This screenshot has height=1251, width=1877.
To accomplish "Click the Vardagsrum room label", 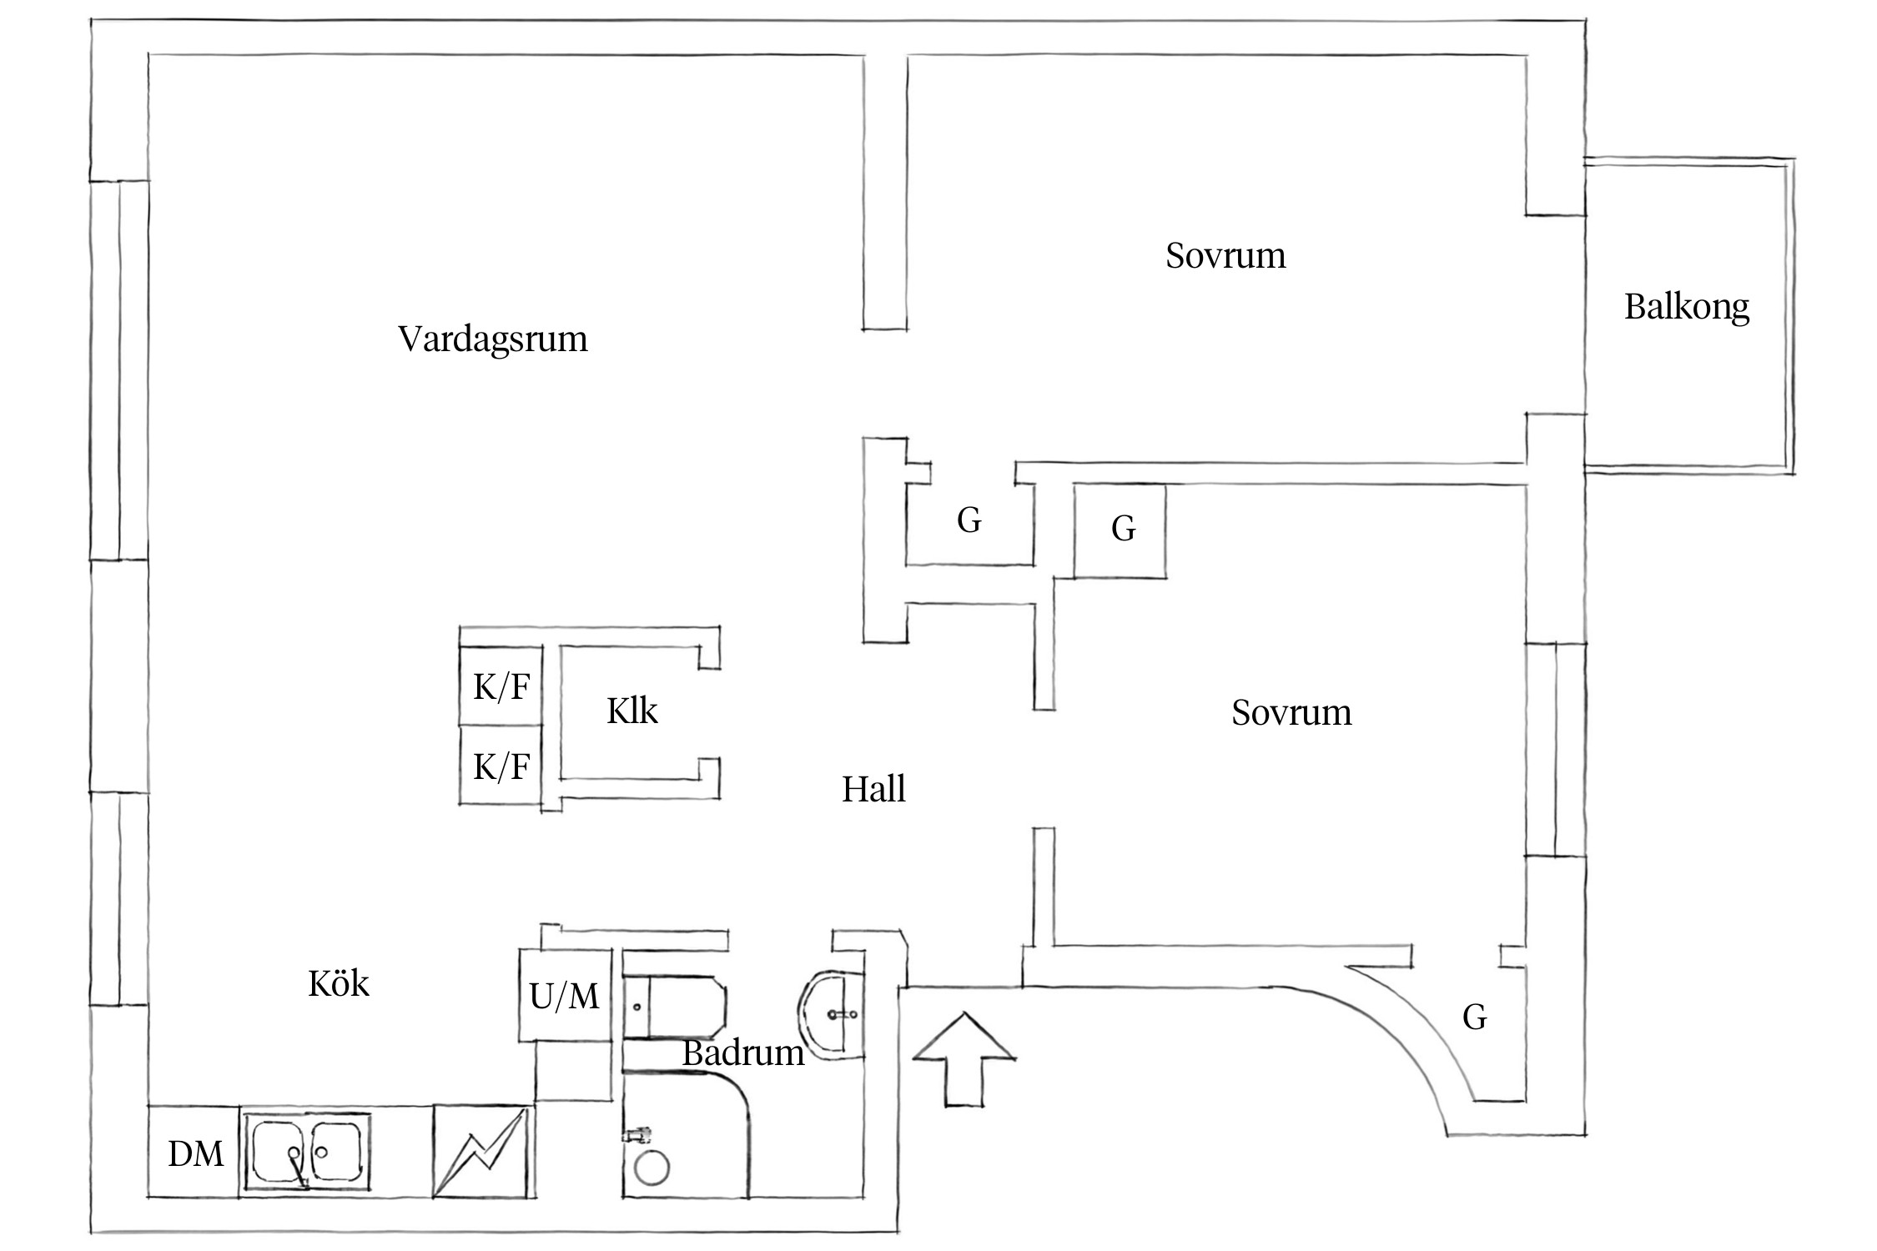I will pyautogui.click(x=492, y=339).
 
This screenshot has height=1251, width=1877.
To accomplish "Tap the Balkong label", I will pyautogui.click(x=1686, y=307).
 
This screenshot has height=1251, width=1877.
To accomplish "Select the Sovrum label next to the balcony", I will pyautogui.click(x=1225, y=255).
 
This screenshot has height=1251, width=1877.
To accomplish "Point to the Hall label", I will pyautogui.click(x=873, y=789).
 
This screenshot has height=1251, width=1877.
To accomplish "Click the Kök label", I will pyautogui.click(x=338, y=984).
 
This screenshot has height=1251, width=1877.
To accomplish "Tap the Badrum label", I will pyautogui.click(x=742, y=1053).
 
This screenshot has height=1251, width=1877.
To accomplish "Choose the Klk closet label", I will pyautogui.click(x=632, y=711).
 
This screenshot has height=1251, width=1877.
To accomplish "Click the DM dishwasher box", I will pyautogui.click(x=195, y=1153).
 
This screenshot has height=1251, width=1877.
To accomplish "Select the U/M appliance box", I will pyautogui.click(x=565, y=996).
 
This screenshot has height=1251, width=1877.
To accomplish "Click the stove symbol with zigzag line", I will pyautogui.click(x=481, y=1153).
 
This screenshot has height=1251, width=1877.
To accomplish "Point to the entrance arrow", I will pyautogui.click(x=964, y=1059).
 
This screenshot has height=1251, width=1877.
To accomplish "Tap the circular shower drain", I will pyautogui.click(x=652, y=1167).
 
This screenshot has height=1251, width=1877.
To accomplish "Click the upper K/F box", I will pyautogui.click(x=501, y=687).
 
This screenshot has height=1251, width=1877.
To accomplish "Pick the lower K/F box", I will pyautogui.click(x=501, y=766).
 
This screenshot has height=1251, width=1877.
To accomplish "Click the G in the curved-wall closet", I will pyautogui.click(x=1474, y=1017).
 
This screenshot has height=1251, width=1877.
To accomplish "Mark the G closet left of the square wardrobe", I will pyautogui.click(x=969, y=521).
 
